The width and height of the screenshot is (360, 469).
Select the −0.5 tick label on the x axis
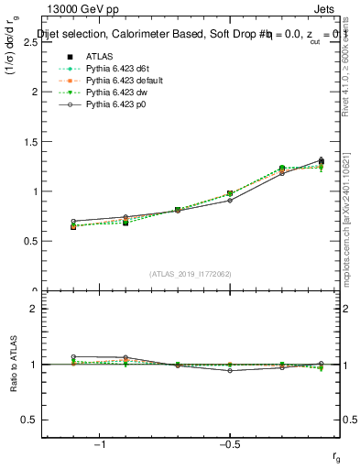pyautogui.click(x=229, y=443)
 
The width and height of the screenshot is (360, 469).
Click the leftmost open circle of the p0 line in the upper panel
pyautogui.click(x=73, y=222)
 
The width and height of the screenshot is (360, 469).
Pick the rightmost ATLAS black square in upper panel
pyautogui.click(x=321, y=162)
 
